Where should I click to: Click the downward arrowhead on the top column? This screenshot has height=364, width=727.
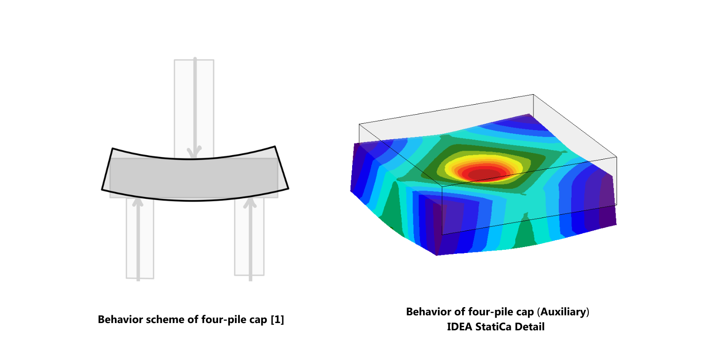[195, 152]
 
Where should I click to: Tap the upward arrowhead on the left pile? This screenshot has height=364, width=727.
[138, 202]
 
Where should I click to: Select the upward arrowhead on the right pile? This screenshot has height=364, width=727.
[250, 202]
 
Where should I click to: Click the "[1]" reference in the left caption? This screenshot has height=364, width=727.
[278, 319]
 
